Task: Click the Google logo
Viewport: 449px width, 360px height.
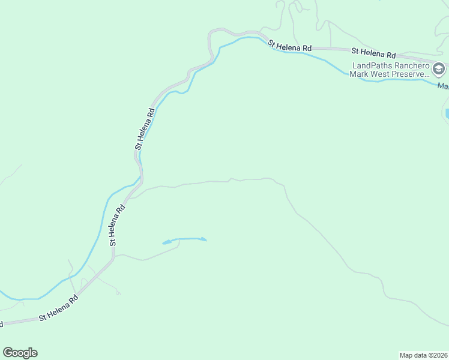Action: [20, 353]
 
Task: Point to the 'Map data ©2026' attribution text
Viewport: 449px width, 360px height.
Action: [423, 355]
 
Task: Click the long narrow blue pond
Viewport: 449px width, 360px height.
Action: [184, 240]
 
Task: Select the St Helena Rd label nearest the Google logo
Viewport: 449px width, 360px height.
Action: [59, 311]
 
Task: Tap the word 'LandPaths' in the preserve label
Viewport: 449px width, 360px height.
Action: [372, 65]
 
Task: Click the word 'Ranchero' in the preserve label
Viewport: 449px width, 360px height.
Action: [412, 65]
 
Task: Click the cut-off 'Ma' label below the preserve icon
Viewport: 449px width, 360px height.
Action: [443, 86]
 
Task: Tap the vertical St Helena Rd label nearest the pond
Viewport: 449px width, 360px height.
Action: [116, 226]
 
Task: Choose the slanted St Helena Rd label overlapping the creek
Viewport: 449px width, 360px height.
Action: [290, 46]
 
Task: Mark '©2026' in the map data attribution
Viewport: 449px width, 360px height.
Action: [436, 355]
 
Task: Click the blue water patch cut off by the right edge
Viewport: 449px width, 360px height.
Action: [447, 113]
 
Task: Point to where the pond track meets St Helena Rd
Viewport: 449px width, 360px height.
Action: [113, 256]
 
